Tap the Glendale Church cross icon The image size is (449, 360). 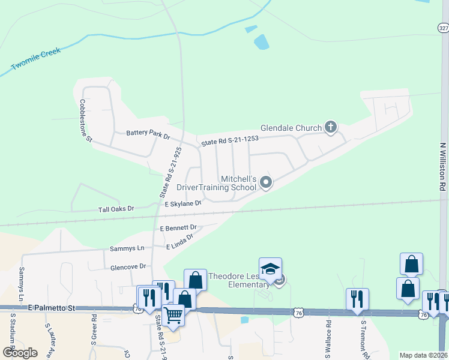(330, 127)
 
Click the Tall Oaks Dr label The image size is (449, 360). (116, 209)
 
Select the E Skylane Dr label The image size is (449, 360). (182, 204)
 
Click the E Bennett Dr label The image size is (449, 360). (178, 228)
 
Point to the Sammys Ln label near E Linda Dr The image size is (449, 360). (127, 248)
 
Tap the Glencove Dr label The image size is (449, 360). (128, 266)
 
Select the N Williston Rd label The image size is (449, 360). (442, 166)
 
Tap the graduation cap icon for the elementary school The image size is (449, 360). (270, 268)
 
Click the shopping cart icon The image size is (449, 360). (173, 314)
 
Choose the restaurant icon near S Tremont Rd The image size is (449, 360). (357, 298)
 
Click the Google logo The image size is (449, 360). (19, 353)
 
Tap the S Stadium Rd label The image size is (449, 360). (11, 336)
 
